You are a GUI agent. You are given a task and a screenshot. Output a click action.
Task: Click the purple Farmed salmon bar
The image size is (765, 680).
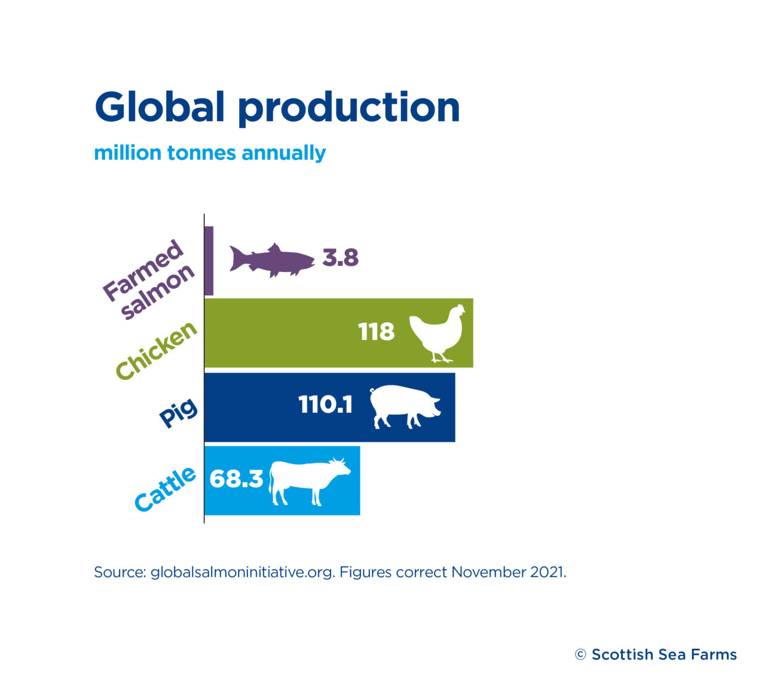209,261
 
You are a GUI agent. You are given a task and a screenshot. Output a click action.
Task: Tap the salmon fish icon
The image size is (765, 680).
272,260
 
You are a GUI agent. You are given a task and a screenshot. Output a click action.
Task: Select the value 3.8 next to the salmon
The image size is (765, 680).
340,258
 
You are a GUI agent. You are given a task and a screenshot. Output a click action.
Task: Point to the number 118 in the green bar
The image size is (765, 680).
376,332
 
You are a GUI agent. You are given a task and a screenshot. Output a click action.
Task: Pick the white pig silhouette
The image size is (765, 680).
405,407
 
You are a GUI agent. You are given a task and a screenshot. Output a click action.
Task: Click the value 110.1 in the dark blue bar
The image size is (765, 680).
325,405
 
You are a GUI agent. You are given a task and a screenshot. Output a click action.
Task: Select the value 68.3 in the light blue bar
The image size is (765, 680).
236,479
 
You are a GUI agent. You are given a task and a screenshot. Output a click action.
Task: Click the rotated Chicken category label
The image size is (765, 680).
156,350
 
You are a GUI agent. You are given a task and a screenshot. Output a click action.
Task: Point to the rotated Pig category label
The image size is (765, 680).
178,413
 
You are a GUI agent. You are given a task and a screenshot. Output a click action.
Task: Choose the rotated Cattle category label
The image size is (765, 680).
165,489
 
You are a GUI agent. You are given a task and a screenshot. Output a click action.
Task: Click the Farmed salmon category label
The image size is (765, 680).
148,280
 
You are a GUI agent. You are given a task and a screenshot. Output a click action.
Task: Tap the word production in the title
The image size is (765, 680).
349,109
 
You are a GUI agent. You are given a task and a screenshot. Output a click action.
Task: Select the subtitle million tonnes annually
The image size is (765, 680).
210,154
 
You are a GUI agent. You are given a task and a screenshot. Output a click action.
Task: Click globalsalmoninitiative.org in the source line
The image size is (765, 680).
243,572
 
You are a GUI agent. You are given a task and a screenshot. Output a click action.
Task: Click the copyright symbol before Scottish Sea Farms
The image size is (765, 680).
580,655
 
